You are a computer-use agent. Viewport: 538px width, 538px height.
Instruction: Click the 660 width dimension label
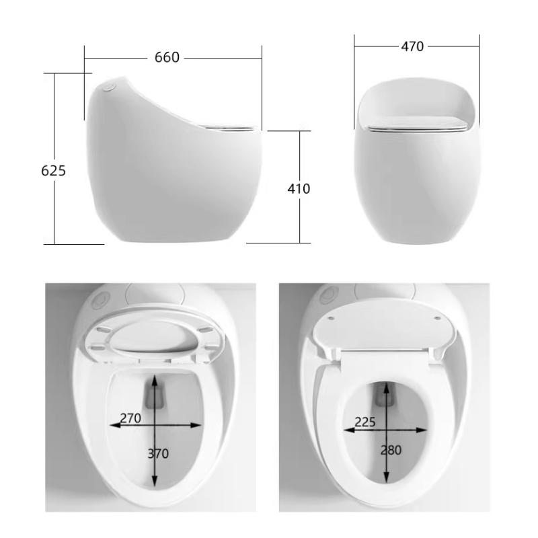pyautogui.click(x=167, y=58)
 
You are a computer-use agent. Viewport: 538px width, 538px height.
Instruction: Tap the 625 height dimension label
pyautogui.click(x=54, y=171)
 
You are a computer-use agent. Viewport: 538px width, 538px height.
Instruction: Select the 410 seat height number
pyautogui.click(x=299, y=189)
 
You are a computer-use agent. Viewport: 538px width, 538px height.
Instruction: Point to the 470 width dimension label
pyautogui.click(x=412, y=46)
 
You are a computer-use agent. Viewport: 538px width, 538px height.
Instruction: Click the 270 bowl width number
pyautogui.click(x=130, y=418)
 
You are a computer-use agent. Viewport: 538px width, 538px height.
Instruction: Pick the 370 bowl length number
pyautogui.click(x=158, y=453)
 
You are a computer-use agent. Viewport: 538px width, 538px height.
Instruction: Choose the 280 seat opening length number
pyautogui.click(x=390, y=450)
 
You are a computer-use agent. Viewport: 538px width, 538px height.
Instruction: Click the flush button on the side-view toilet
pyautogui.click(x=110, y=87)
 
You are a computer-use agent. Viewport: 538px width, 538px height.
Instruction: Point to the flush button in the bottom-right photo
pyautogui.click(x=330, y=294)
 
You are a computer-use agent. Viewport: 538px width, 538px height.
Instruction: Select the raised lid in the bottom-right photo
pyautogui.click(x=385, y=330)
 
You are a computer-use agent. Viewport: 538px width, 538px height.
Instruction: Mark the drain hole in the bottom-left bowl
pyautogui.click(x=157, y=397)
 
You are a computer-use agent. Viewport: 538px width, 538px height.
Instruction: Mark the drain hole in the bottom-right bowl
pyautogui.click(x=386, y=397)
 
